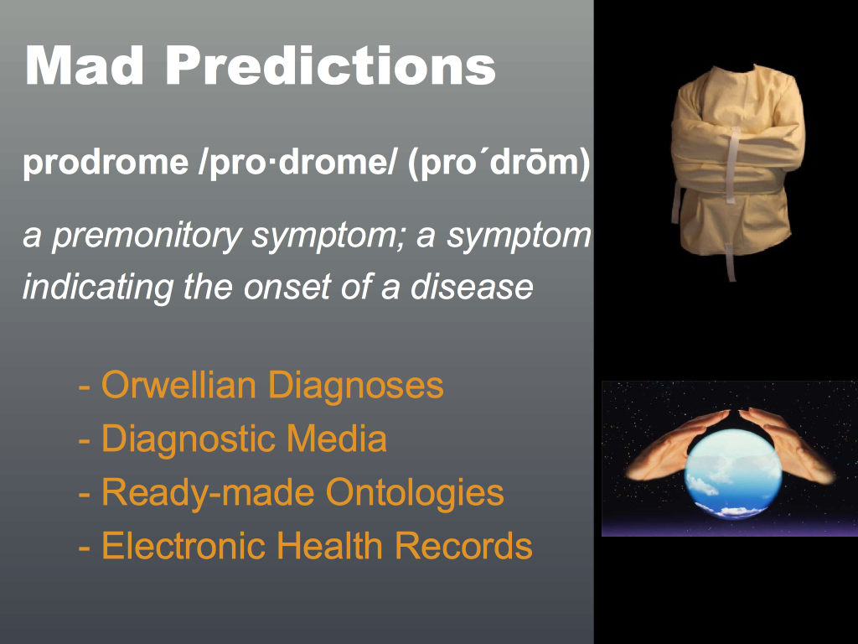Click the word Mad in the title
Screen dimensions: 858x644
(85, 65)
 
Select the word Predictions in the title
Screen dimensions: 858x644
(330, 65)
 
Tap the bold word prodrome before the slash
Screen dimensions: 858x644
(106, 162)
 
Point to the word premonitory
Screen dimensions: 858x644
(147, 236)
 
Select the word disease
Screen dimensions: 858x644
(472, 286)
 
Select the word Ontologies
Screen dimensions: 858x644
(415, 492)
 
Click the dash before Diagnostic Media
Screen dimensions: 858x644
(85, 440)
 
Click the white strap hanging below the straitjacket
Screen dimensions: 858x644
(731, 262)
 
